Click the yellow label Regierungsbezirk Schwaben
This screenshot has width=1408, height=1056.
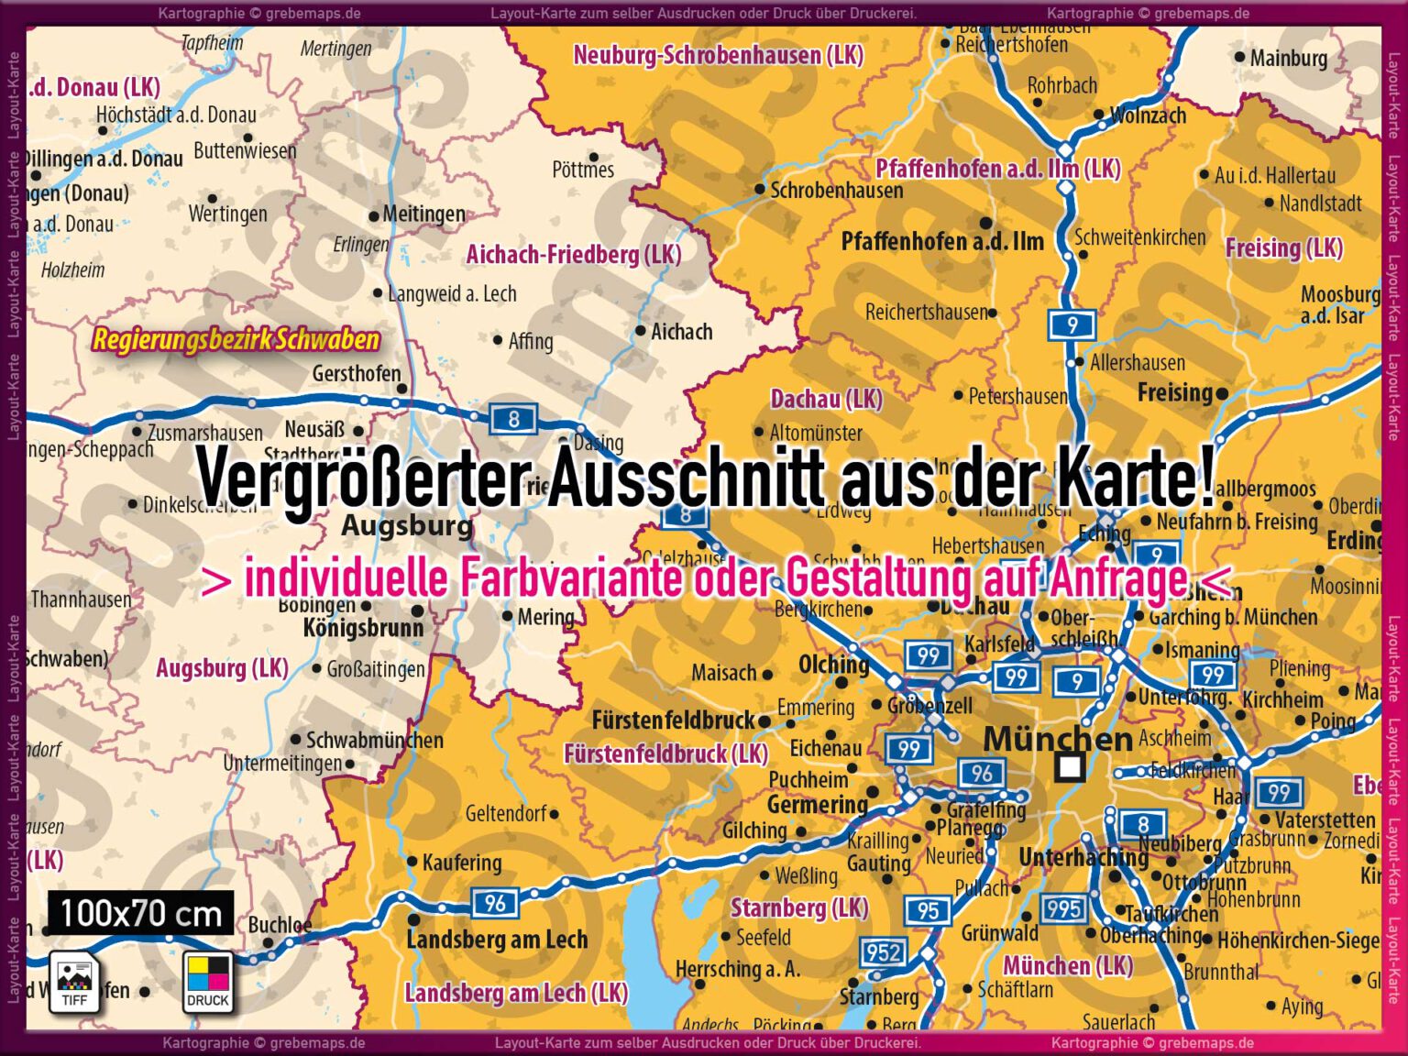pyautogui.click(x=236, y=340)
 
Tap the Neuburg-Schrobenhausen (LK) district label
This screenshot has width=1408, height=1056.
pyautogui.click(x=718, y=55)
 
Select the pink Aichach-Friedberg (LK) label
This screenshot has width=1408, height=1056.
pyautogui.click(x=573, y=254)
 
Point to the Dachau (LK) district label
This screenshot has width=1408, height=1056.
pyautogui.click(x=826, y=399)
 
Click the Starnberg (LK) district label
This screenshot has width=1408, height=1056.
pyautogui.click(x=798, y=907)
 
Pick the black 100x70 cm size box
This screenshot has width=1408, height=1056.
pyautogui.click(x=140, y=913)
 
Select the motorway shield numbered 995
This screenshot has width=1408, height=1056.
pyautogui.click(x=1063, y=908)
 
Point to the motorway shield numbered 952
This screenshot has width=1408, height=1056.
pyautogui.click(x=883, y=952)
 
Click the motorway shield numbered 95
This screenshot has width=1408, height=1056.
pyautogui.click(x=928, y=910)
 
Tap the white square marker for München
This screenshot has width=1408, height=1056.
pyautogui.click(x=1069, y=766)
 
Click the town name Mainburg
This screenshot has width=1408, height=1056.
pyautogui.click(x=1288, y=58)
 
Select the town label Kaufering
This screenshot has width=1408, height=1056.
pyautogui.click(x=461, y=863)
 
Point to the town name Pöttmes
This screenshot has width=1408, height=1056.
pyautogui.click(x=583, y=170)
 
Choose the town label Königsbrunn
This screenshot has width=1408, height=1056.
pyautogui.click(x=363, y=628)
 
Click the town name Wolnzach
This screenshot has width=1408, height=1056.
pyautogui.click(x=1147, y=115)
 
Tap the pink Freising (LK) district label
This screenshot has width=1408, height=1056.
pyautogui.click(x=1283, y=247)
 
